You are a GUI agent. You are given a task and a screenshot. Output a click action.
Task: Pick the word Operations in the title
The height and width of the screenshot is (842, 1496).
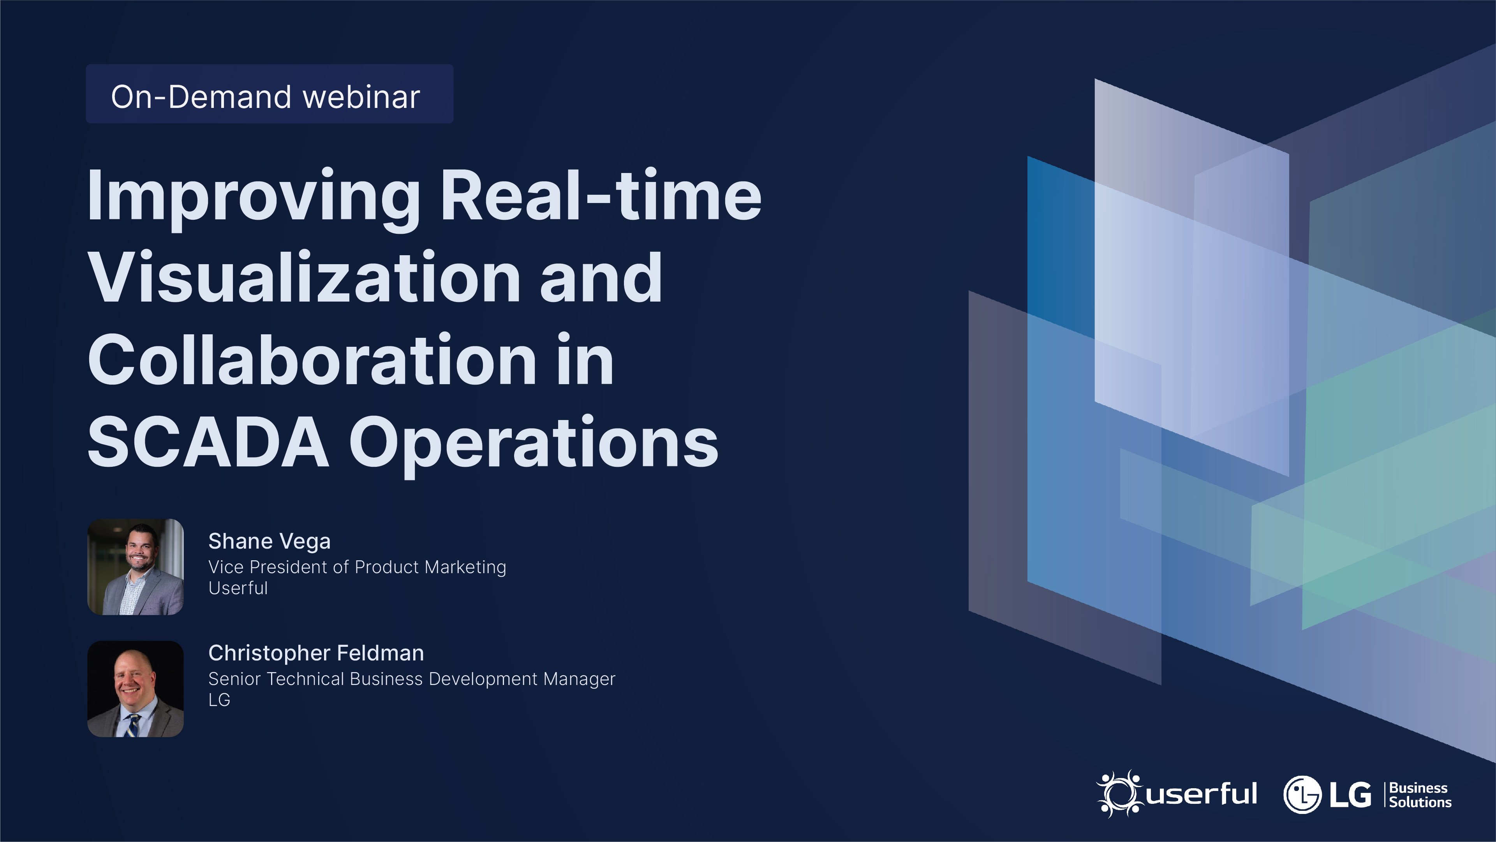click(534, 445)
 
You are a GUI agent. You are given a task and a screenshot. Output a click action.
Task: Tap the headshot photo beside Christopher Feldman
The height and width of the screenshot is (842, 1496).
click(135, 689)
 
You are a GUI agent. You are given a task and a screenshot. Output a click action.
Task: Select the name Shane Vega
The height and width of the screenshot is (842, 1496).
click(270, 541)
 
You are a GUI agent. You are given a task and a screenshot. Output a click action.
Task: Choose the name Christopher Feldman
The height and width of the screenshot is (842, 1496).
click(316, 653)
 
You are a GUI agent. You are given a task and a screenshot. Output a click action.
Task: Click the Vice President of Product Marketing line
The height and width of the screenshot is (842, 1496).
click(357, 567)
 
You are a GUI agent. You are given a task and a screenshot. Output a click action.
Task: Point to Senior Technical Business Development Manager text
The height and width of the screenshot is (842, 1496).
click(412, 679)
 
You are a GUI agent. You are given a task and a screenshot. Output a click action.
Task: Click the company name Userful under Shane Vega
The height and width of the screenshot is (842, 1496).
click(238, 588)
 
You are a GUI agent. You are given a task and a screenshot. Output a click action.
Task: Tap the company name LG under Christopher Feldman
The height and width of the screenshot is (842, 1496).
click(220, 700)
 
